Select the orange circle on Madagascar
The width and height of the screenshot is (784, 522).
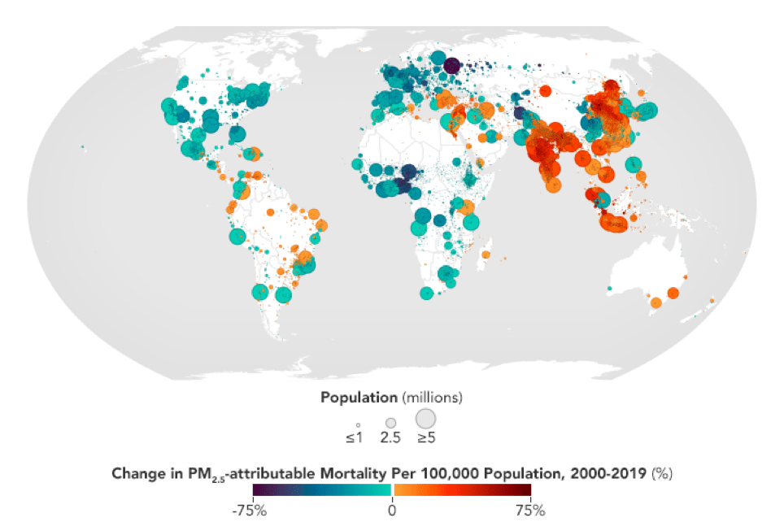[486, 254]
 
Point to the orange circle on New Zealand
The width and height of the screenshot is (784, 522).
[712, 301]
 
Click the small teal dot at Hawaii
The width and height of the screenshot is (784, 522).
[83, 147]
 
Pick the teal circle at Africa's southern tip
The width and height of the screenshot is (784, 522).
[426, 293]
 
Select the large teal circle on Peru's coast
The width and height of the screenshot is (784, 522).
[237, 237]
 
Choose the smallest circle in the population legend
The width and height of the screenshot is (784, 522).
[358, 424]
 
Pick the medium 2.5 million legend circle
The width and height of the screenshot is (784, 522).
[390, 423]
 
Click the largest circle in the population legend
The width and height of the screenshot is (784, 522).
[425, 419]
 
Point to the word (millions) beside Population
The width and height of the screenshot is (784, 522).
[433, 398]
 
